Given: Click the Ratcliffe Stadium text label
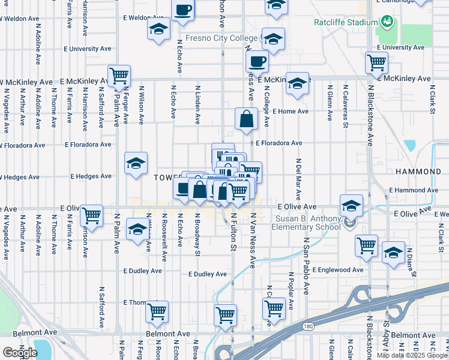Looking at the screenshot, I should coord(342,24).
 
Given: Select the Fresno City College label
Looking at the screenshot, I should coord(221,38).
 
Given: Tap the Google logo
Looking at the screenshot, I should coord(20,352).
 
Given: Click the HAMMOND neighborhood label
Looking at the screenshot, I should coord(418,172).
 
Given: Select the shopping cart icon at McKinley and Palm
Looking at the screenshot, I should coord(119,76).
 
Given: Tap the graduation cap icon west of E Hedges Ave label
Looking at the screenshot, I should coord(136,163).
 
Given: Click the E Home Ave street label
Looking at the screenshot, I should coord(290,112).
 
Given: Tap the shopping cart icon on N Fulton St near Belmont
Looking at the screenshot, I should coord(225,314).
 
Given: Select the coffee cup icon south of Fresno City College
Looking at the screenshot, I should coord(256,61).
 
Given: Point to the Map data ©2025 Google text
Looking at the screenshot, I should coord(412,355).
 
